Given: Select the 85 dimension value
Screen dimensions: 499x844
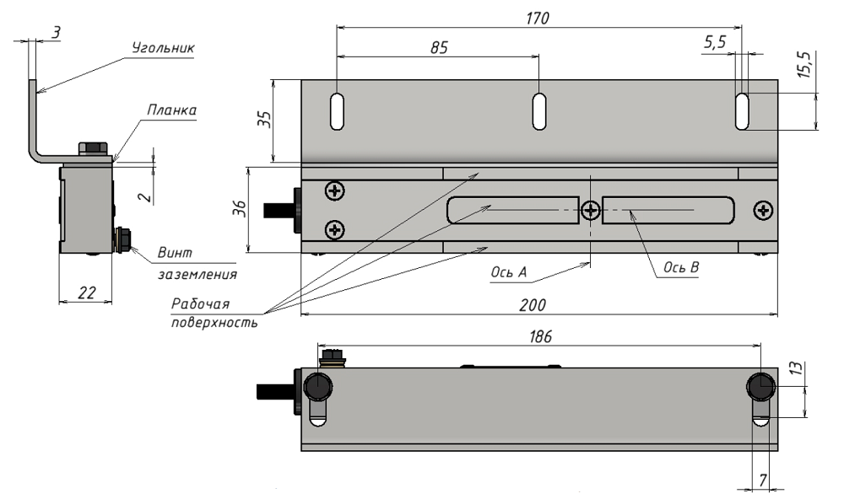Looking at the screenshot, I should tap(439, 48).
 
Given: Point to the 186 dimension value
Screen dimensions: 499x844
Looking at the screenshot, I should tap(539, 335).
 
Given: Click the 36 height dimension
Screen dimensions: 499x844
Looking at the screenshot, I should tap(239, 209).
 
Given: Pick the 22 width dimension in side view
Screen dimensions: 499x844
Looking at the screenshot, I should tap(85, 292).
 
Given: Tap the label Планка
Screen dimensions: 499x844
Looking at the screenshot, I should tap(172, 110).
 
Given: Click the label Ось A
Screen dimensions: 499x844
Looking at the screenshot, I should tap(509, 273).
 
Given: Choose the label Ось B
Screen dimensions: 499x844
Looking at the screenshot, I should tap(682, 267).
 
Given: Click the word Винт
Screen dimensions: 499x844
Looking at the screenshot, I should tap(175, 253).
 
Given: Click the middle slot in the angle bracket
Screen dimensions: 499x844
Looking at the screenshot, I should tap(538, 111).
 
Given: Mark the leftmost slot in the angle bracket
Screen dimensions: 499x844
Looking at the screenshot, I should tap(337, 111).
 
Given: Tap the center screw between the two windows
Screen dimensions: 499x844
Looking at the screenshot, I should tap(591, 209).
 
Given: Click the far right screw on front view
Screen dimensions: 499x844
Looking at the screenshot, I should tap(763, 209).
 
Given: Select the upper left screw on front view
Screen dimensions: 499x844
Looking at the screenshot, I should tap(336, 191).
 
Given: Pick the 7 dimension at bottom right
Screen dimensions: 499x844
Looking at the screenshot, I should tap(762, 480).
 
